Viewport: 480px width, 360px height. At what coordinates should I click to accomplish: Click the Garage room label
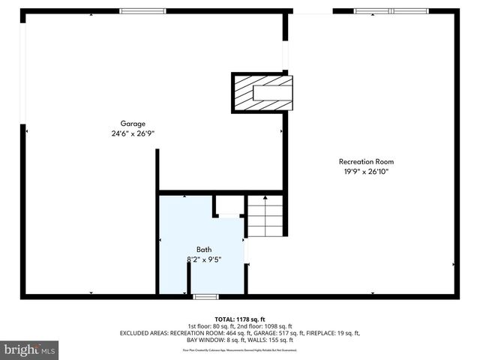point(133,124)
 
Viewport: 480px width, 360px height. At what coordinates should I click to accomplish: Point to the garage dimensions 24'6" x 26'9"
point(133,133)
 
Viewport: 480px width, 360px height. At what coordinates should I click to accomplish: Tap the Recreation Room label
point(366,161)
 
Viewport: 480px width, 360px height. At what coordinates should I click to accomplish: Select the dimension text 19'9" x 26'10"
point(366,172)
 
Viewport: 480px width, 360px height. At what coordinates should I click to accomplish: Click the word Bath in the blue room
point(204,250)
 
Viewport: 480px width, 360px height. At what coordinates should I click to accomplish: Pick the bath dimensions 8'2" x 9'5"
point(204,259)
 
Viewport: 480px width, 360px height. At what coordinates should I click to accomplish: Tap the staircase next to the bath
point(266,215)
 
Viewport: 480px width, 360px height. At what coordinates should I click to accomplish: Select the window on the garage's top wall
point(143,11)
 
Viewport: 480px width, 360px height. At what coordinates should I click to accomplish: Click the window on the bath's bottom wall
point(205,297)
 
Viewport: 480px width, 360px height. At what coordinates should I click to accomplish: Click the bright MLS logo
point(29,349)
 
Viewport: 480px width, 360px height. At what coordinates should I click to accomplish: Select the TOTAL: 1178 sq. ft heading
point(240,319)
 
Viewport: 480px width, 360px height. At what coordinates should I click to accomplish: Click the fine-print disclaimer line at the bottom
point(240,349)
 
